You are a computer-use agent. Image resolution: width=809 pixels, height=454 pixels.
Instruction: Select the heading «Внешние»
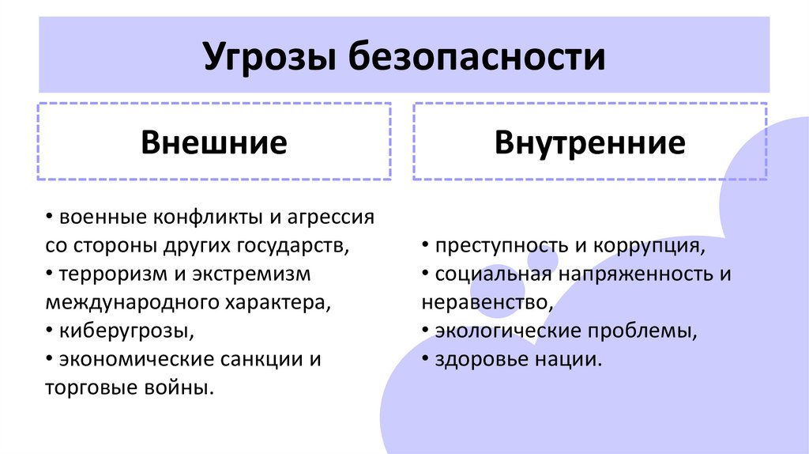pyautogui.click(x=213, y=143)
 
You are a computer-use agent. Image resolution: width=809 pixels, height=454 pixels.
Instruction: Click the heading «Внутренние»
pyautogui.click(x=589, y=143)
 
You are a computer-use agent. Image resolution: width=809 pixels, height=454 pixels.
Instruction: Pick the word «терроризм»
pyautogui.click(x=100, y=274)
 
